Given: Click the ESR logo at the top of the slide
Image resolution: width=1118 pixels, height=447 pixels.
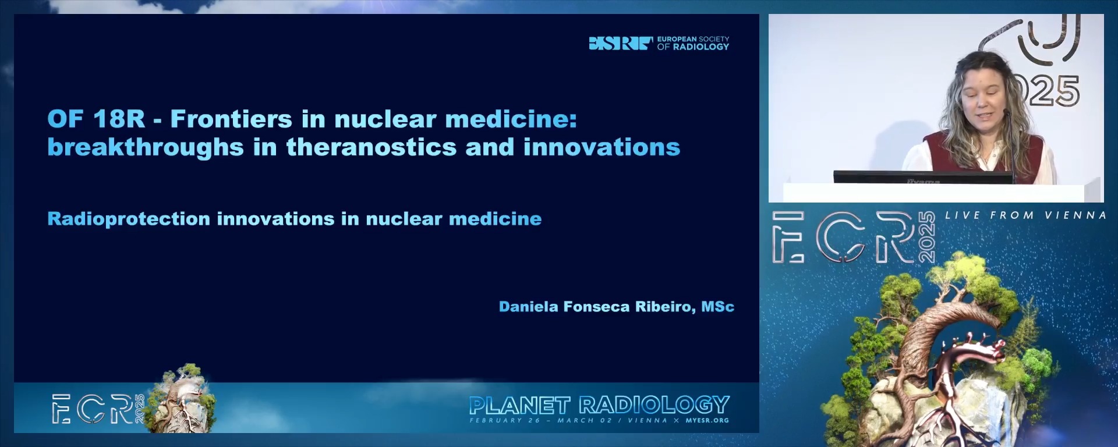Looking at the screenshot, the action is (659, 43).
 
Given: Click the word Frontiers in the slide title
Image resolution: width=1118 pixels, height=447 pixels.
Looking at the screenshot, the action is (231, 119).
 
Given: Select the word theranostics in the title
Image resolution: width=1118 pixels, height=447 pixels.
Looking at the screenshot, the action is (372, 147).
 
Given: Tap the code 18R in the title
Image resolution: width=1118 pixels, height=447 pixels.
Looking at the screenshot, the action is (119, 119).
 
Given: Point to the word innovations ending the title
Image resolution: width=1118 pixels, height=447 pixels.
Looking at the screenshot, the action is (602, 147).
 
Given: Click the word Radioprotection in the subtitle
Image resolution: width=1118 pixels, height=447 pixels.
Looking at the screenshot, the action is (129, 219).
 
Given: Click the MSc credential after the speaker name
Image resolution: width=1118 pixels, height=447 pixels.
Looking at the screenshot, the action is (717, 307).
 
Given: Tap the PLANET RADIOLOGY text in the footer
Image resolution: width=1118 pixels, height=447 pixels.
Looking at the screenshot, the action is (599, 405).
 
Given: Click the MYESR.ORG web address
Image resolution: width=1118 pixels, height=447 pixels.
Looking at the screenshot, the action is (707, 420).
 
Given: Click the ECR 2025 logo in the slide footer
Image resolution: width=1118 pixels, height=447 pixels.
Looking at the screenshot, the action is (98, 409).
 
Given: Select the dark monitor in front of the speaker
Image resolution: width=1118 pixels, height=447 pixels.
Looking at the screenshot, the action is (923, 177).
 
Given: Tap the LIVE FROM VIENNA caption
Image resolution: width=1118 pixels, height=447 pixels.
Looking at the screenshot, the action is (1025, 215).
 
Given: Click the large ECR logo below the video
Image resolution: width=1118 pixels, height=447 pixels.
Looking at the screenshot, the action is (854, 237).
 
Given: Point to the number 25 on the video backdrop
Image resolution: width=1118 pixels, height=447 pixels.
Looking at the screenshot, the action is (1053, 91).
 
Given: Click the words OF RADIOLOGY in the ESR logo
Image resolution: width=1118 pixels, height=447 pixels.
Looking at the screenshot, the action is (693, 47).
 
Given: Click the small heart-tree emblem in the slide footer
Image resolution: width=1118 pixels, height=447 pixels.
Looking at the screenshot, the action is (182, 399).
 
